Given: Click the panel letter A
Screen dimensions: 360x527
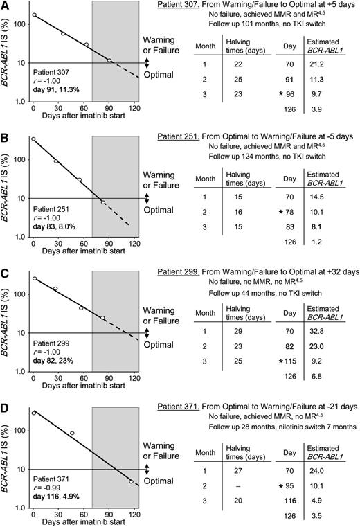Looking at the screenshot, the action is pyautogui.click(x=6, y=6).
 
